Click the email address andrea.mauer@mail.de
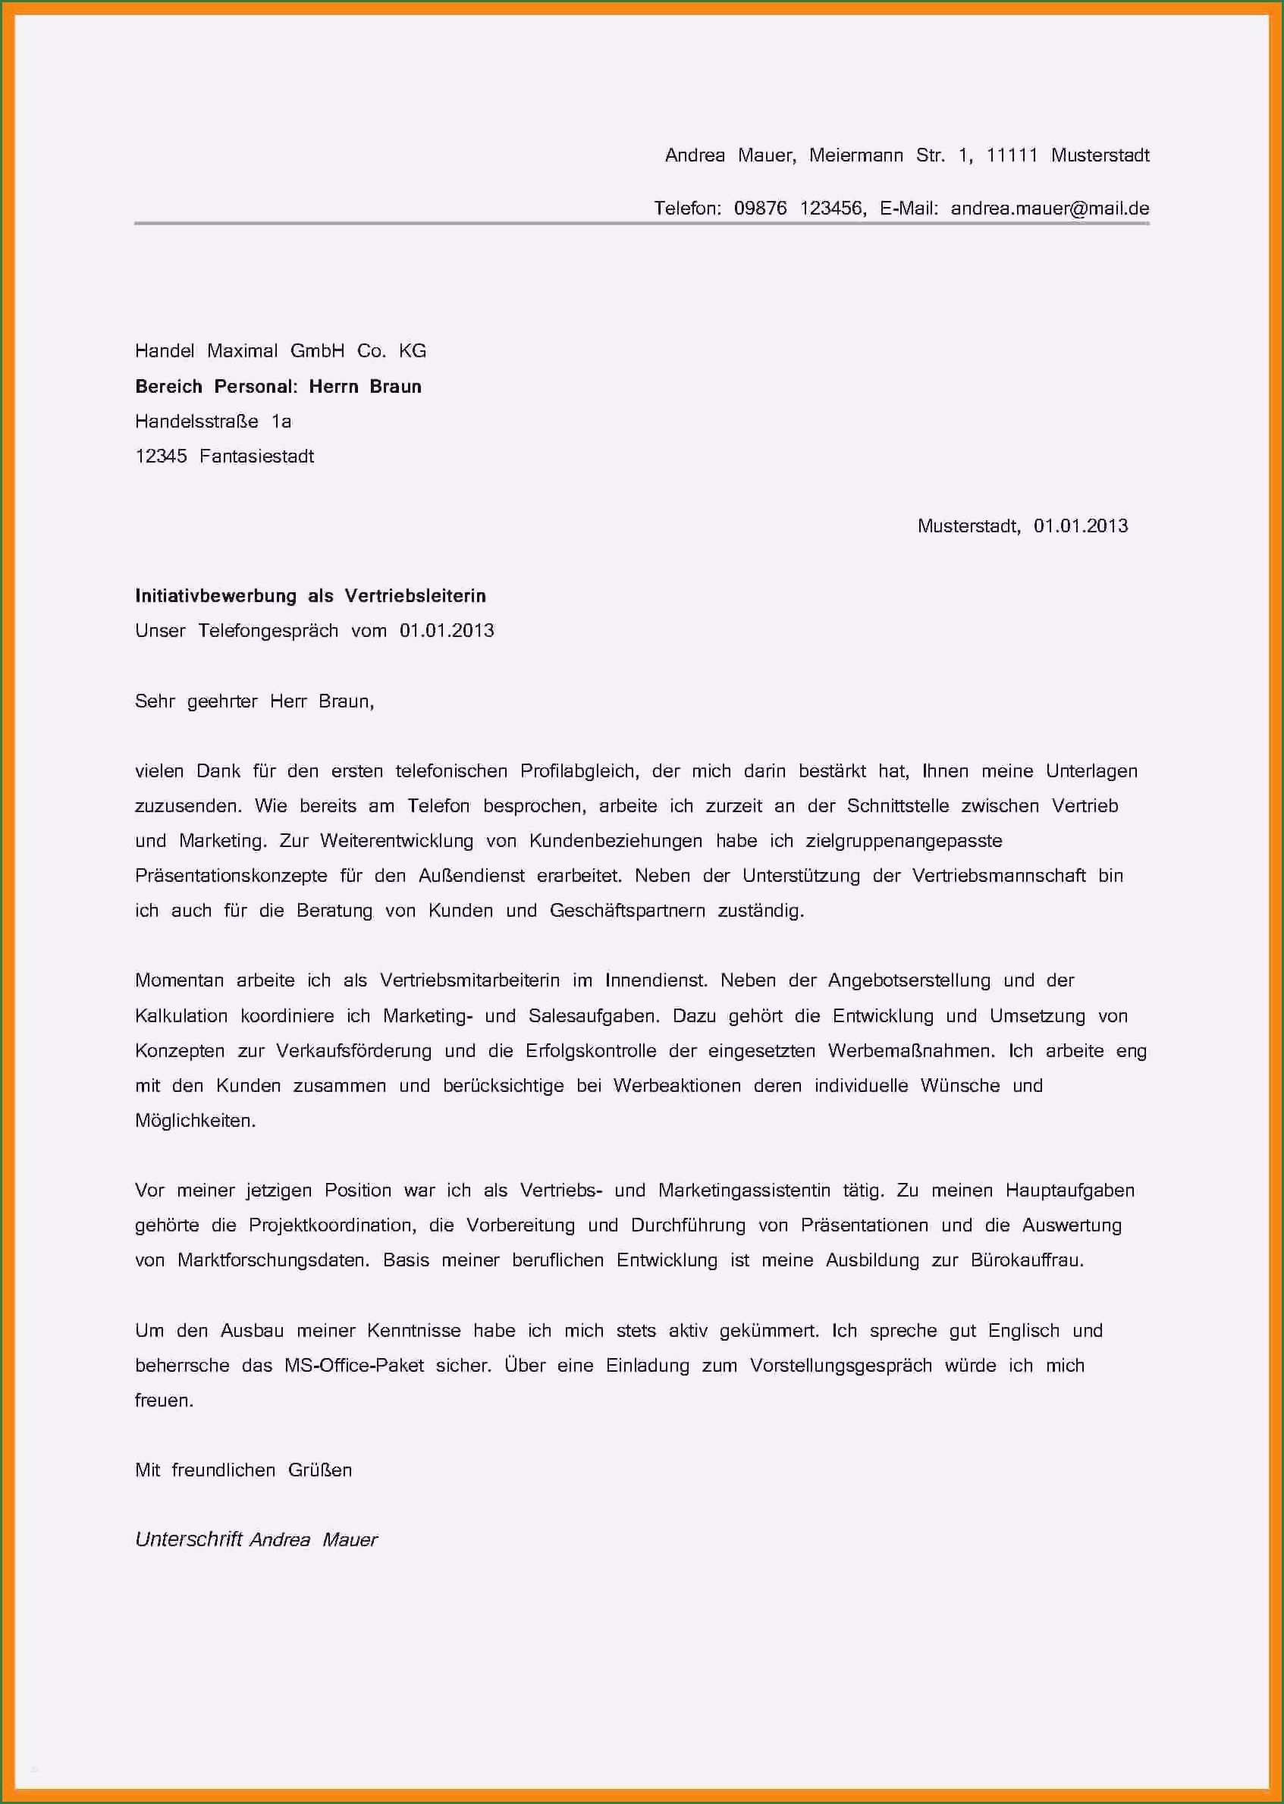pyautogui.click(x=1049, y=209)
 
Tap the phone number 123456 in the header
pyautogui.click(x=833, y=209)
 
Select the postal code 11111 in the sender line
pyautogui.click(x=1011, y=155)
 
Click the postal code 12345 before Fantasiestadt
pyautogui.click(x=162, y=456)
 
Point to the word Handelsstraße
pyautogui.click(x=197, y=422)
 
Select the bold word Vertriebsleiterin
pyautogui.click(x=415, y=595)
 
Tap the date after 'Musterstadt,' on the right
pyautogui.click(x=1080, y=526)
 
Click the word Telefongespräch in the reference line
pyautogui.click(x=268, y=631)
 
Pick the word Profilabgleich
pyautogui.click(x=579, y=770)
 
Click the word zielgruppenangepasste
pyautogui.click(x=904, y=840)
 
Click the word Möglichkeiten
pyautogui.click(x=195, y=1120)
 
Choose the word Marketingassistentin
pyautogui.click(x=744, y=1190)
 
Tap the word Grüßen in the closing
pyautogui.click(x=319, y=1470)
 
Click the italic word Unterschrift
pyautogui.click(x=188, y=1539)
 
